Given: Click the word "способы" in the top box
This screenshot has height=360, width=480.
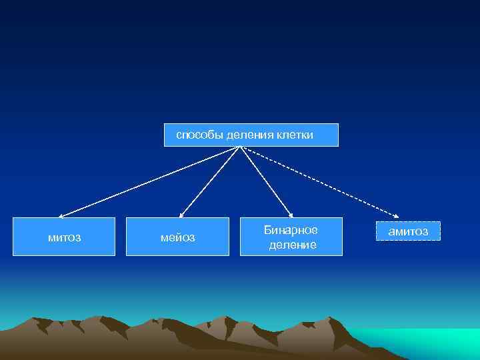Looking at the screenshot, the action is click(199, 135).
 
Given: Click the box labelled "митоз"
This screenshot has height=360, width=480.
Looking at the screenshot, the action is click(64, 237).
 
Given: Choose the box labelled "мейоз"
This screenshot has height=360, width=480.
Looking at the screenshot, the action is click(178, 237).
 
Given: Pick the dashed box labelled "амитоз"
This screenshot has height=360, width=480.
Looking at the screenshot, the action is click(408, 231).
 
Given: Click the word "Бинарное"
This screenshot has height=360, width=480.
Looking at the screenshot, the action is click(291, 230).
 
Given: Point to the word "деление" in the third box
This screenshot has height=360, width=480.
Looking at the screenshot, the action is click(293, 246).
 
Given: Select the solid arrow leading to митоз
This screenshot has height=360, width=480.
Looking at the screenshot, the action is click(147, 182).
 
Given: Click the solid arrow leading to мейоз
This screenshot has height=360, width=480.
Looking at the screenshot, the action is click(209, 182).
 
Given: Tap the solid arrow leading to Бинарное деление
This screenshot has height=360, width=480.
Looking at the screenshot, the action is click(265, 181).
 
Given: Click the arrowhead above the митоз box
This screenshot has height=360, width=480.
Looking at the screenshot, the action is click(60, 216).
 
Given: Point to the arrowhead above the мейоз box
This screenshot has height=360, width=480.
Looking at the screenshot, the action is click(181, 215).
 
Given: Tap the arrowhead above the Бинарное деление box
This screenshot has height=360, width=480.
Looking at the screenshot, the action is click(291, 215).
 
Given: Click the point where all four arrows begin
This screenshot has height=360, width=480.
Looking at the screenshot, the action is click(239, 147).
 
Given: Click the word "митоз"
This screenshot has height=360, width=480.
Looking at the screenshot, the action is click(64, 237).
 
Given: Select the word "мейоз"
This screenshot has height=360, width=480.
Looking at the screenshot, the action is click(178, 237).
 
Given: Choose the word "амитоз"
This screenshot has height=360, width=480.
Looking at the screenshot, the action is click(408, 231).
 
